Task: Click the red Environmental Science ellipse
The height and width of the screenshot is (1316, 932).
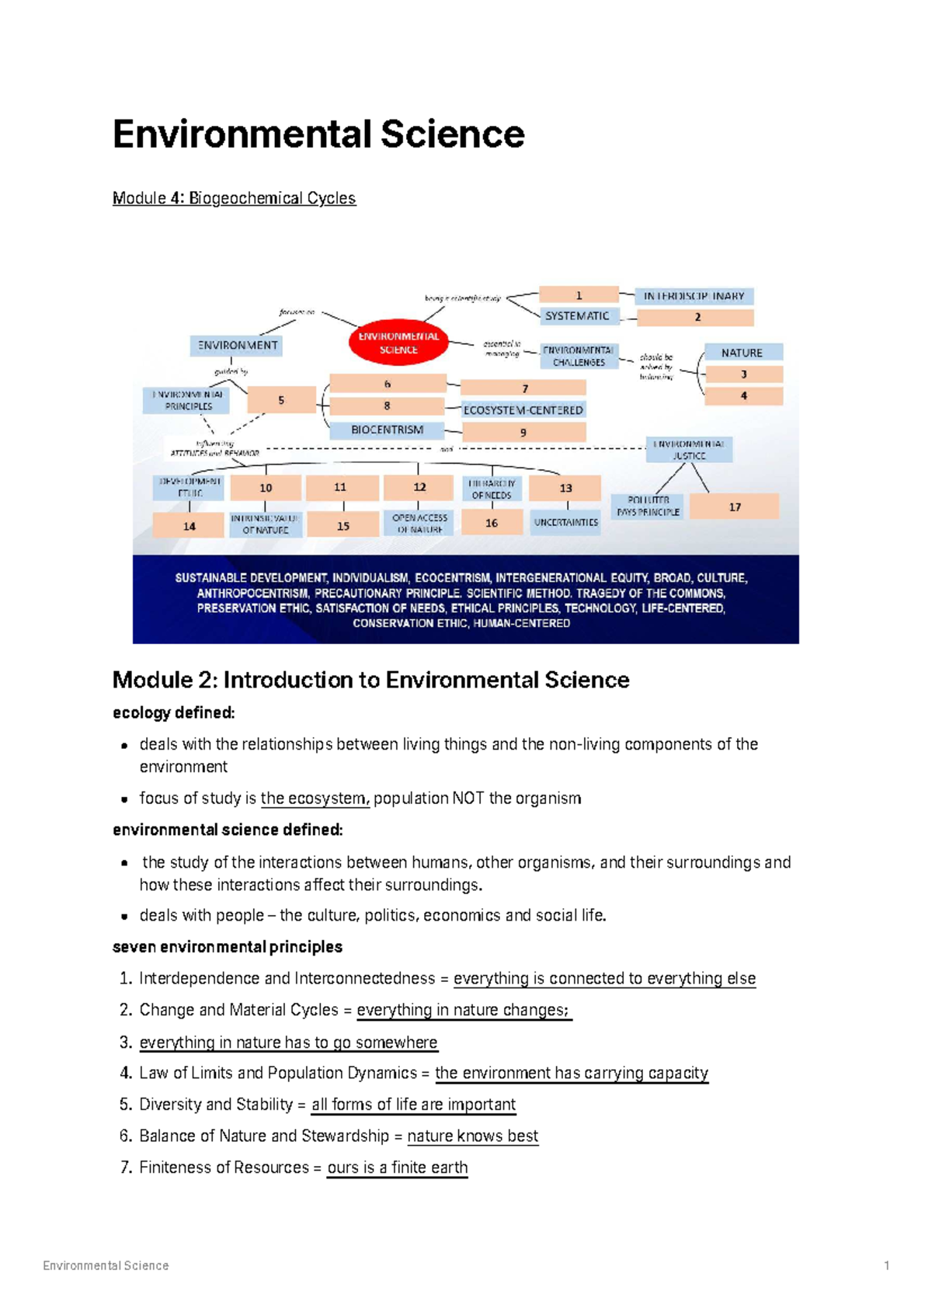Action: (x=398, y=343)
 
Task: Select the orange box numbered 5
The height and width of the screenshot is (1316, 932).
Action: (x=281, y=400)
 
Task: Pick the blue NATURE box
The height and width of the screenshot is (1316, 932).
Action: (x=742, y=353)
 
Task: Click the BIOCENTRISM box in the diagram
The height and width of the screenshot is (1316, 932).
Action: (x=387, y=430)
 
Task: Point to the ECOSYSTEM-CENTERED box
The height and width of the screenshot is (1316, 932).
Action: (x=523, y=409)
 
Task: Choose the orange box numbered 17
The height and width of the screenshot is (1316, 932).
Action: (x=734, y=507)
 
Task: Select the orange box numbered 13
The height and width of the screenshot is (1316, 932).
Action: (x=565, y=488)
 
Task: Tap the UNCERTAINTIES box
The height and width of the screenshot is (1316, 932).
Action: (x=565, y=522)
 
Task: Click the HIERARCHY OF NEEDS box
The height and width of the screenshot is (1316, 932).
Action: (x=492, y=489)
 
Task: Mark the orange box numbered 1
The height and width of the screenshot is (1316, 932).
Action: (x=579, y=295)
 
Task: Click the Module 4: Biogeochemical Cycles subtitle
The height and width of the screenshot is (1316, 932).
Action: (x=234, y=198)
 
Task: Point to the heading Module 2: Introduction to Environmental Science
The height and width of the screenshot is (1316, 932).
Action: (x=370, y=680)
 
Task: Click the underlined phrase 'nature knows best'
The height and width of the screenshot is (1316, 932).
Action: (x=472, y=1136)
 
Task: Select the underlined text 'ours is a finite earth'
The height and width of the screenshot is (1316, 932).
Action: (x=397, y=1168)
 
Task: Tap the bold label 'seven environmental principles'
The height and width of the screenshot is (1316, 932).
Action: (x=228, y=947)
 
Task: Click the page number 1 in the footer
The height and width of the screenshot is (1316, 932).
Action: (x=886, y=1266)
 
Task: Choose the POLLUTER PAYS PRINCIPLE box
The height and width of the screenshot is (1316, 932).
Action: (x=648, y=507)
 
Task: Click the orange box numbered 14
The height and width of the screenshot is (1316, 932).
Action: (x=190, y=526)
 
